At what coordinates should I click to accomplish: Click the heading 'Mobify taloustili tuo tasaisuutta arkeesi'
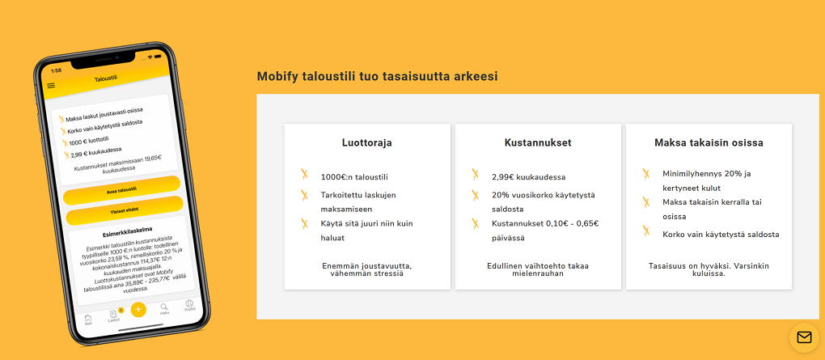377,77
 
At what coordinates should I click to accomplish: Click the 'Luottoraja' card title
367,143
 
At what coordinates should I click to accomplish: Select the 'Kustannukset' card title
538,143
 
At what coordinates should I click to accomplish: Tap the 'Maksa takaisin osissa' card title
709,143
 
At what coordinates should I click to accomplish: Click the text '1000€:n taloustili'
354,176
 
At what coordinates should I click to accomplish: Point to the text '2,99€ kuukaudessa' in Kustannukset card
528,176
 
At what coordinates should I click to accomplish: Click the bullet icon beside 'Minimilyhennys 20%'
646,174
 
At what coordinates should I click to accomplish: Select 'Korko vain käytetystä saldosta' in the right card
721,235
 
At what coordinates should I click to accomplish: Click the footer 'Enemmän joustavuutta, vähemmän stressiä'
367,269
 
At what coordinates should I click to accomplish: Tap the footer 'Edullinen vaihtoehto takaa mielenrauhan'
538,269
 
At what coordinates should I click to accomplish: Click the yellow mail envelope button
804,337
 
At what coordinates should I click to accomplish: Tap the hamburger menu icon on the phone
52,85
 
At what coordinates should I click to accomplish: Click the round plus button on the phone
138,309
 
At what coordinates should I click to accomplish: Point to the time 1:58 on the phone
56,70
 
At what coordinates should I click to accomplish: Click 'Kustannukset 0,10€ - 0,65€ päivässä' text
544,231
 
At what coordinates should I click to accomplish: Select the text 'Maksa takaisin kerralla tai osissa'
712,209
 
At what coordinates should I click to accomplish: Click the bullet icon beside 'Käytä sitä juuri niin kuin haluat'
305,223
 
